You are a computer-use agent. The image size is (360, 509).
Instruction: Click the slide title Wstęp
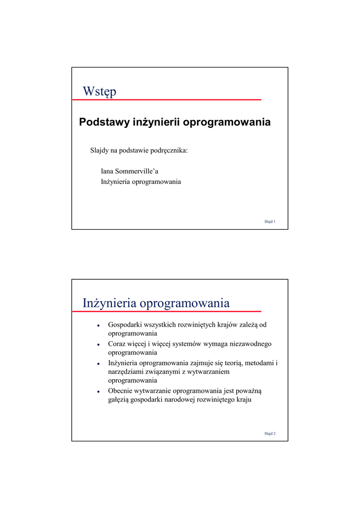coord(99,91)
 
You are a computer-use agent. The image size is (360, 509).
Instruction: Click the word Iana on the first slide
coord(107,171)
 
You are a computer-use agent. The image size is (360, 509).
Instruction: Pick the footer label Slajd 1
coord(270,221)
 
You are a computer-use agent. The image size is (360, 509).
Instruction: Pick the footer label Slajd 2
coord(270,433)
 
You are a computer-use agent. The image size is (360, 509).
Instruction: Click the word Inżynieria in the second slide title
coord(109,303)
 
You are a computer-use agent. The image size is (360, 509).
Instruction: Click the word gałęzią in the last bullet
coord(119,399)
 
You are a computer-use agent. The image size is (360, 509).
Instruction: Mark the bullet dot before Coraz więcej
coord(99,344)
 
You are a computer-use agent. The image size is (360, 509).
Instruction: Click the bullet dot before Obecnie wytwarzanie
coord(99,391)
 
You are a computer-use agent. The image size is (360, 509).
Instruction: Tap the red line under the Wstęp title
coord(167,100)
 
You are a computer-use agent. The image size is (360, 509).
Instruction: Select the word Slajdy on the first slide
coord(99,150)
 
